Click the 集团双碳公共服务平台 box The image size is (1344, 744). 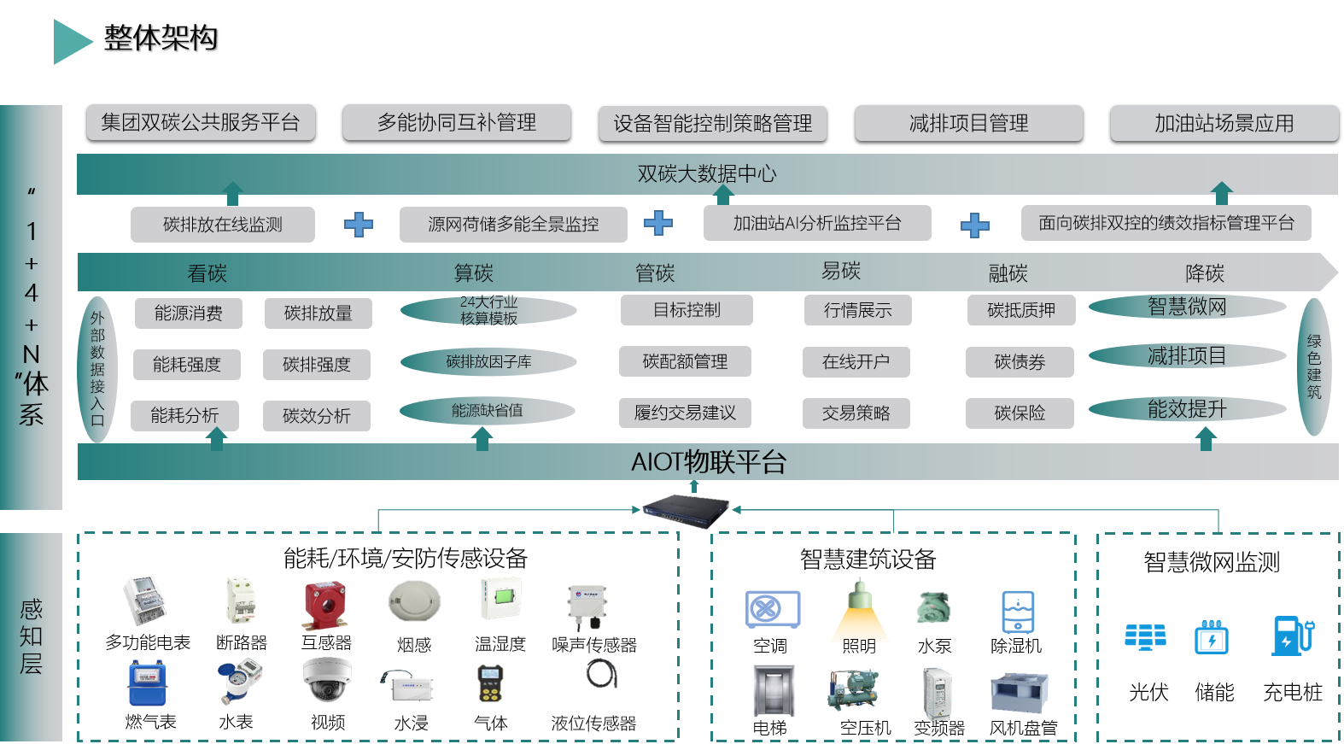pyautogui.click(x=201, y=122)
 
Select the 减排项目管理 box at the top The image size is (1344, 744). pyautogui.click(x=968, y=123)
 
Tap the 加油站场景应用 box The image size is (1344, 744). pyautogui.click(x=1224, y=123)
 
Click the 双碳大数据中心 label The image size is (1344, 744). pyautogui.click(x=707, y=174)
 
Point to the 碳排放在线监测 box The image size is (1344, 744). pyautogui.click(x=222, y=225)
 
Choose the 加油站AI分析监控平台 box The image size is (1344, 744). pyautogui.click(x=817, y=224)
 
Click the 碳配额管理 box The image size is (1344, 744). pyautogui.click(x=685, y=361)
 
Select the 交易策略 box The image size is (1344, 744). pyautogui.click(x=856, y=413)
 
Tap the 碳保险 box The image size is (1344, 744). pyautogui.click(x=1020, y=413)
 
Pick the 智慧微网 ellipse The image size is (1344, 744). pyautogui.click(x=1187, y=307)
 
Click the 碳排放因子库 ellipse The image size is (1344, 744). pyautogui.click(x=488, y=362)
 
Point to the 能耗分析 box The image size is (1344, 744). pyautogui.click(x=184, y=416)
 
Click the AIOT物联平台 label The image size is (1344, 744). pyautogui.click(x=708, y=462)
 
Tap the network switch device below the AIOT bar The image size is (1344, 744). pyautogui.click(x=687, y=510)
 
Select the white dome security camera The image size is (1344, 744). pyautogui.click(x=327, y=679)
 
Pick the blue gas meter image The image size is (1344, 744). pyautogui.click(x=147, y=682)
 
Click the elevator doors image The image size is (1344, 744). pyautogui.click(x=774, y=690)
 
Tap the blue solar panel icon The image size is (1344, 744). pyautogui.click(x=1145, y=636)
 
